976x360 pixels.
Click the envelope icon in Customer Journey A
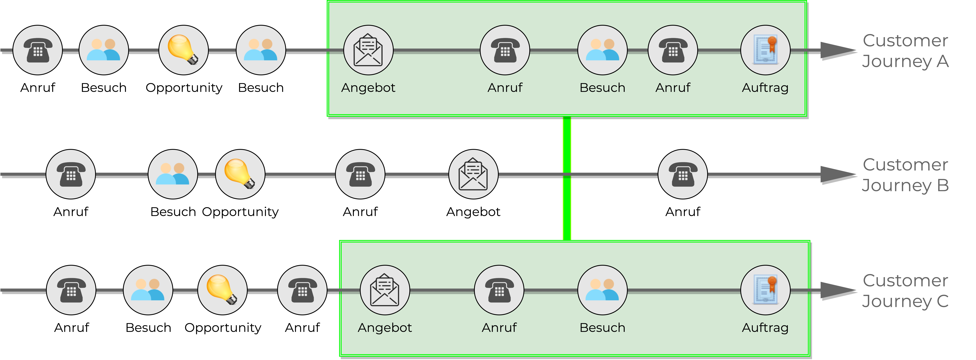(x=368, y=50)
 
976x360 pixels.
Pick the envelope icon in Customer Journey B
(x=473, y=174)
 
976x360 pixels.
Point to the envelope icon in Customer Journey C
(x=385, y=290)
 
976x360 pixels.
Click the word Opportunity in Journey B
(x=240, y=212)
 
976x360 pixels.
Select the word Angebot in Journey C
(x=385, y=328)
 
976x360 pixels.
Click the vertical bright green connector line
(x=567, y=178)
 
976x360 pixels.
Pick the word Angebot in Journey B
(x=473, y=212)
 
